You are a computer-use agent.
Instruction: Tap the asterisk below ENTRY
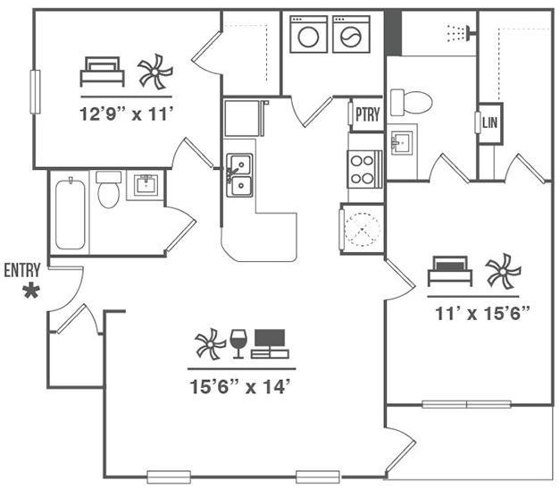32,291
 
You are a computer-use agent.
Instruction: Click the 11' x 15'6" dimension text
483,313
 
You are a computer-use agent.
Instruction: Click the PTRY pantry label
366,114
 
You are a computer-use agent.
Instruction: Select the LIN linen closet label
489,122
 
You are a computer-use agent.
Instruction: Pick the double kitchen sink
238,174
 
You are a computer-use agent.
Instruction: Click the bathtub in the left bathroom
71,215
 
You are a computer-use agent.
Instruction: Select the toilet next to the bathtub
108,190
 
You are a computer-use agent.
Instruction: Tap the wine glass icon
238,342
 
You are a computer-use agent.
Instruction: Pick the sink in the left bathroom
146,186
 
